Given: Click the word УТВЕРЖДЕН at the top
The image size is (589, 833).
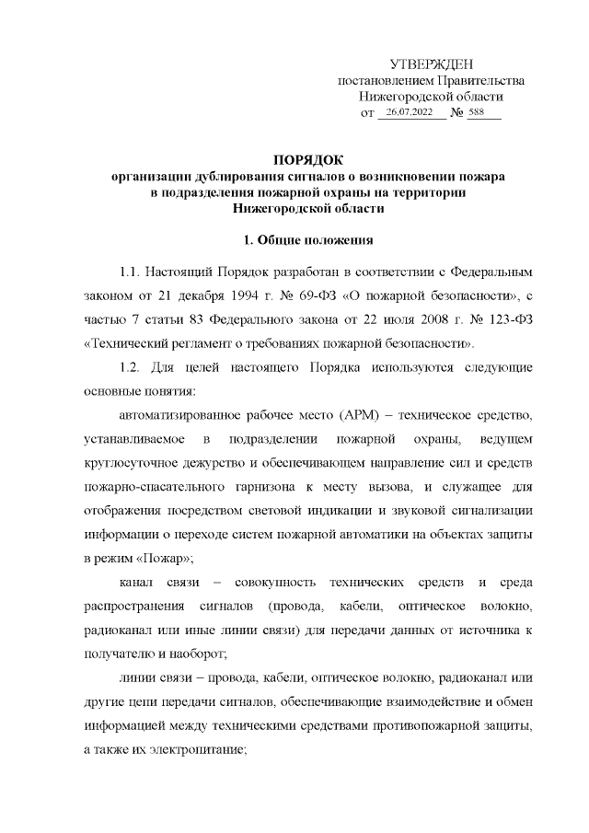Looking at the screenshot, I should tap(432, 64).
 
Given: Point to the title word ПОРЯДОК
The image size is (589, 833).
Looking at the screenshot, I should tap(307, 160).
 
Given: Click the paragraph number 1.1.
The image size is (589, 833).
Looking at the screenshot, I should tap(133, 273).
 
